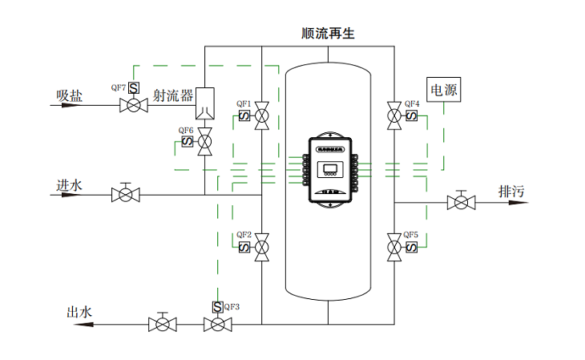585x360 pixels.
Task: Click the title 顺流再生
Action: click(x=328, y=34)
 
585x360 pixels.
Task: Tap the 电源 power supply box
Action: click(x=445, y=91)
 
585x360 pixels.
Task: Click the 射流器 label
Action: click(x=173, y=95)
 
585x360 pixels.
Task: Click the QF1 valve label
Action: click(x=244, y=104)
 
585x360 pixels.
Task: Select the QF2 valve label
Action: click(x=244, y=235)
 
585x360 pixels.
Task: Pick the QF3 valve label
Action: click(x=232, y=306)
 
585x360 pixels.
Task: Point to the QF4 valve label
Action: click(x=411, y=104)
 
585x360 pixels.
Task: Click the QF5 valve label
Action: click(x=411, y=235)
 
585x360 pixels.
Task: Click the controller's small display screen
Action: click(x=329, y=169)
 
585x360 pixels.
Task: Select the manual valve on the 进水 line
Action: click(x=126, y=194)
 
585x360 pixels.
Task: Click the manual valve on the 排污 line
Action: click(x=460, y=202)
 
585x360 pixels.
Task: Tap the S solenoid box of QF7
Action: click(x=134, y=88)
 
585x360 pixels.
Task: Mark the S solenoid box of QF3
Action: click(x=217, y=307)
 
